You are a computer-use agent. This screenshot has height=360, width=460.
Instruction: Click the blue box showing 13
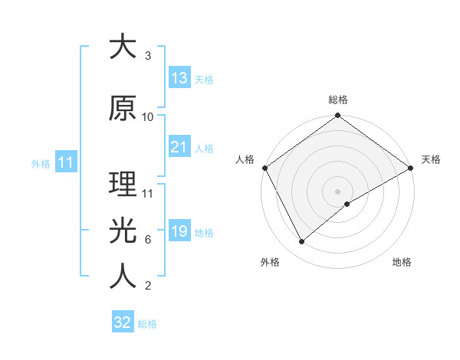pyautogui.click(x=179, y=78)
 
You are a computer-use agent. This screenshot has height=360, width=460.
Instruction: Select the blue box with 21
pyautogui.click(x=179, y=147)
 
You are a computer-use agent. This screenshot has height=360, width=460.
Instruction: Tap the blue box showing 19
pyautogui.click(x=179, y=231)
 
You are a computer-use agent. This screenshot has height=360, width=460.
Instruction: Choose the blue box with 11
pyautogui.click(x=65, y=162)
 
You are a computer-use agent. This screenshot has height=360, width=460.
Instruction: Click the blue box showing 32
pyautogui.click(x=123, y=322)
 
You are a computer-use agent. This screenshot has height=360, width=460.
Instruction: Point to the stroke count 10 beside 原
pyautogui.click(x=148, y=117)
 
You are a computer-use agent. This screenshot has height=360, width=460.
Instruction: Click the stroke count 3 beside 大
pyautogui.click(x=148, y=56)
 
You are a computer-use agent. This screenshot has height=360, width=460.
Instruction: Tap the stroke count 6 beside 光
pyautogui.click(x=148, y=240)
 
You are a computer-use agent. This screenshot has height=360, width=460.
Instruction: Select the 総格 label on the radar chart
pyautogui.click(x=338, y=100)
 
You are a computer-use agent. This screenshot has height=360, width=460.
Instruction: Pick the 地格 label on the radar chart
pyautogui.click(x=402, y=262)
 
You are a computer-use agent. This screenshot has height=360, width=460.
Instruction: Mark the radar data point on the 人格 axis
pyautogui.click(x=264, y=168)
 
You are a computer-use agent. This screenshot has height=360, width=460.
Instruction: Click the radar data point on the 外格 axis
pyautogui.click(x=302, y=242)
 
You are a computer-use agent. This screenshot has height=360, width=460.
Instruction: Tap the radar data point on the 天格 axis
pyautogui.click(x=411, y=168)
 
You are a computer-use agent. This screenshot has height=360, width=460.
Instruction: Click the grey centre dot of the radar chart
pyautogui.click(x=338, y=191)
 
